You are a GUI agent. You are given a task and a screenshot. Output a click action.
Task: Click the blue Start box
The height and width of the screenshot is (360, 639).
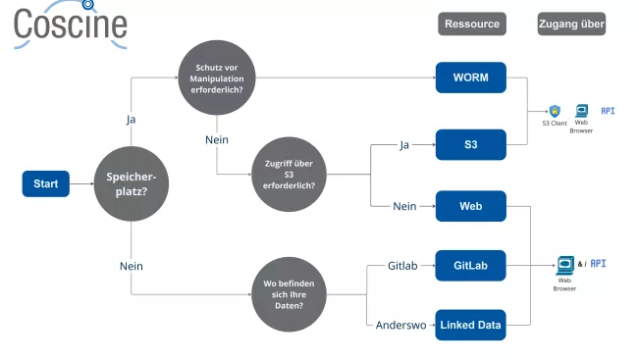coord(45,183)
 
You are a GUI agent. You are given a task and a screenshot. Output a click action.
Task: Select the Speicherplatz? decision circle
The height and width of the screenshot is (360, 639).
coord(132,183)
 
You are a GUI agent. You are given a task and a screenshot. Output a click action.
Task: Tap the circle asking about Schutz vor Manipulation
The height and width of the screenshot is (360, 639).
coord(213,77)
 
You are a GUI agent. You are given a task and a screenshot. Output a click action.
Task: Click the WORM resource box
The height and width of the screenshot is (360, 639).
coord(470,77)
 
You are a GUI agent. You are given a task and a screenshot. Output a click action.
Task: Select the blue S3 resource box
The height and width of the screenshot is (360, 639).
coord(470,145)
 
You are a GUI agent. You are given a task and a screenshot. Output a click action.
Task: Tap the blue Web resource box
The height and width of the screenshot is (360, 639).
coord(470,206)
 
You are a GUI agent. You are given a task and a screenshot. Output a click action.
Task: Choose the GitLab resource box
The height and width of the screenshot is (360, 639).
coord(470,265)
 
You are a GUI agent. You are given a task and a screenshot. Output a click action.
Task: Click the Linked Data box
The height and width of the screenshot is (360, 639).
coord(470,325)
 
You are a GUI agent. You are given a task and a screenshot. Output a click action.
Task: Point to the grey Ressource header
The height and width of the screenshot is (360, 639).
coord(471,24)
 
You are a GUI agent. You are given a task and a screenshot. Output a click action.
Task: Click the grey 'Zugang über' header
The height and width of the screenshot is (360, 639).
coord(571,24)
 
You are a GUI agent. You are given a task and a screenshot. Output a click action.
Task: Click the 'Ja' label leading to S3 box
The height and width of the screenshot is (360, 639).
coord(403,145)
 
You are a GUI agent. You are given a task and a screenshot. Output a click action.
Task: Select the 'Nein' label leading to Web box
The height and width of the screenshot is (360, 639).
coord(404,207)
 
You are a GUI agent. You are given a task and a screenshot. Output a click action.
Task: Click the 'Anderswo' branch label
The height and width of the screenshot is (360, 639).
coord(400,325)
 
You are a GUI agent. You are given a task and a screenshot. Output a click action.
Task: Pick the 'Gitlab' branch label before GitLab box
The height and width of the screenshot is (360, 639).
coord(403,266)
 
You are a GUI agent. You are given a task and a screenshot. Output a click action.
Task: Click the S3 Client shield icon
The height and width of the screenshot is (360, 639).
coord(555,111)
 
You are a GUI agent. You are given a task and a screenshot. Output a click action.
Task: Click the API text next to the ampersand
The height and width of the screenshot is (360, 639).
coord(598,263)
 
